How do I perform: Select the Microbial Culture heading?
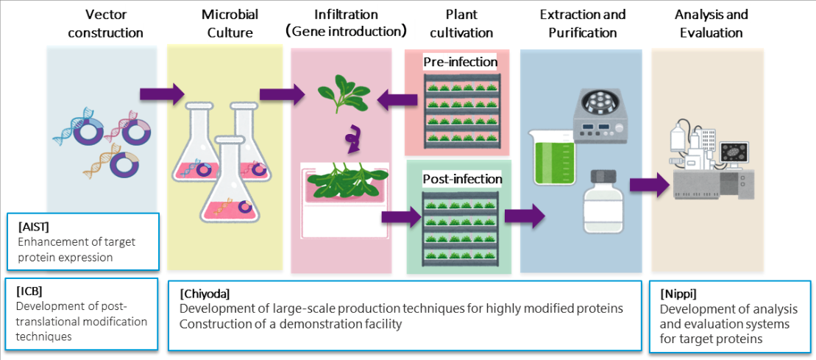[x=230, y=24]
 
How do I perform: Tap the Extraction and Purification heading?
[x=577, y=24]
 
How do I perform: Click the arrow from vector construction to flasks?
[x=162, y=94]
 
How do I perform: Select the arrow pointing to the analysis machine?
[x=650, y=186]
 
